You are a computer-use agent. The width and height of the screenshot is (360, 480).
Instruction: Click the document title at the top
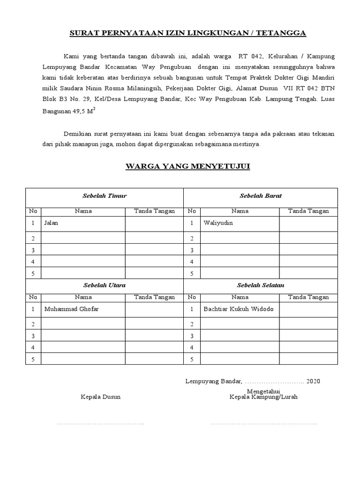pos(187,33)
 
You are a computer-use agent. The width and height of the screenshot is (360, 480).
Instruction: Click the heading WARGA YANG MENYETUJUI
pos(187,166)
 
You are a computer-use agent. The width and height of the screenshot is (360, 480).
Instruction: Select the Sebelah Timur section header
pos(105,196)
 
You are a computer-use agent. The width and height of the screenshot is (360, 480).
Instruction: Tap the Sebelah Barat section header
pos(261,196)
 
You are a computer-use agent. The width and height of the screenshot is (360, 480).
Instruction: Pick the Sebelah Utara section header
pos(104,285)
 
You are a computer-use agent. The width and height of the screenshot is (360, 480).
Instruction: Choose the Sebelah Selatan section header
pos(261,285)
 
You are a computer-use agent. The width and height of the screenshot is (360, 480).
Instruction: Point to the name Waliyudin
pos(218,223)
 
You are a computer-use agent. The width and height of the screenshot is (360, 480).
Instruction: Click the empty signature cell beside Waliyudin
pos(308,224)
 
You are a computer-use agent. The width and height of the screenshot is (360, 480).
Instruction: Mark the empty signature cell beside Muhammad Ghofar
pos(154,309)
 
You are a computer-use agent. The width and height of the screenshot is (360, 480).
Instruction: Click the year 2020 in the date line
pos(313,382)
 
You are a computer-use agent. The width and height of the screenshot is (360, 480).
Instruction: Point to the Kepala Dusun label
pos(101,397)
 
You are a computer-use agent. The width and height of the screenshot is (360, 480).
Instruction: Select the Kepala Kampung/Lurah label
pos(263,397)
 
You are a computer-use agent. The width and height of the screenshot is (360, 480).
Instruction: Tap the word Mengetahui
pos(263,391)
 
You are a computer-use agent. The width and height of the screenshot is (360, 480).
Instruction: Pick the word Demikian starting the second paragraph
pos(77,134)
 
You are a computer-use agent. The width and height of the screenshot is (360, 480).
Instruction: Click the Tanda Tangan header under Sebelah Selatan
pos(308,297)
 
